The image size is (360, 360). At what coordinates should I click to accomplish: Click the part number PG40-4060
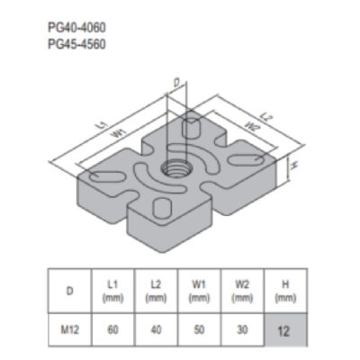click(76, 28)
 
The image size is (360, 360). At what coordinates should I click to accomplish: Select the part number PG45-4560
click(76, 44)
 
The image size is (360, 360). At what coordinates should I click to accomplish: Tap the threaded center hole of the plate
click(176, 170)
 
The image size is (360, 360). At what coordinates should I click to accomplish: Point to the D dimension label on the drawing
click(177, 83)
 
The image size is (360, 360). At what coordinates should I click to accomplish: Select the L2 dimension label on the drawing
click(265, 117)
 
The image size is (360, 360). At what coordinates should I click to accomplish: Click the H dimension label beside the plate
click(293, 165)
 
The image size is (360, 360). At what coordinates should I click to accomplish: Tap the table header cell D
click(69, 291)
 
